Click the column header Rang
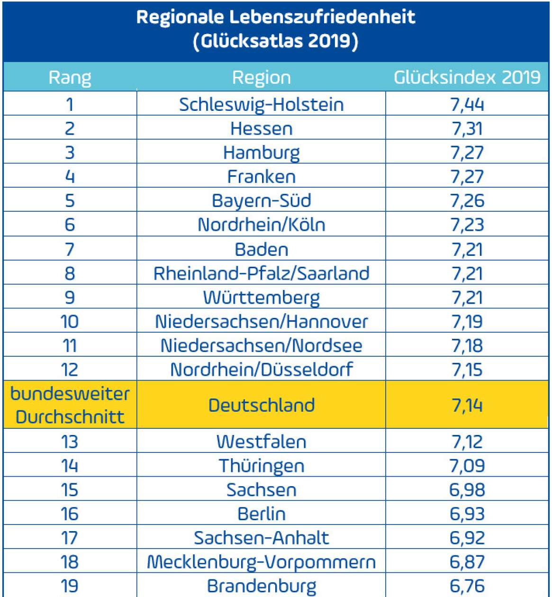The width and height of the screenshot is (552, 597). click(x=70, y=77)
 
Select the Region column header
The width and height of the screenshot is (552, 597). click(x=261, y=77)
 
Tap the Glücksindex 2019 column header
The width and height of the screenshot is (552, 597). click(x=467, y=77)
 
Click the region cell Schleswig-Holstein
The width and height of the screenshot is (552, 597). click(x=261, y=104)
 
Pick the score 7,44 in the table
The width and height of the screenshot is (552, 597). click(x=467, y=104)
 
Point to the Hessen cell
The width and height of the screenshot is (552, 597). click(x=261, y=128)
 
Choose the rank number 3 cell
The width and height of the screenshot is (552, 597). click(x=70, y=153)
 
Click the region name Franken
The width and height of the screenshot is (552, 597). click(x=261, y=177)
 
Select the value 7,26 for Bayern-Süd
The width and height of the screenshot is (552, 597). click(x=467, y=200)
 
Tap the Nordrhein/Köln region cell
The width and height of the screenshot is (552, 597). click(x=261, y=225)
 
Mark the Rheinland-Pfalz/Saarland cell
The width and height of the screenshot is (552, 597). click(x=261, y=273)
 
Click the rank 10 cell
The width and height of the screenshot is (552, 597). click(x=70, y=322)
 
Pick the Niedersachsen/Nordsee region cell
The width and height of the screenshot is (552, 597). click(x=261, y=345)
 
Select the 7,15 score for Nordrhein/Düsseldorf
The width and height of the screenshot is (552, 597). click(x=467, y=370)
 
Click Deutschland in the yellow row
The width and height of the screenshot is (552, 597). click(x=261, y=405)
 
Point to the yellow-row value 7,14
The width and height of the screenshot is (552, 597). click(x=467, y=405)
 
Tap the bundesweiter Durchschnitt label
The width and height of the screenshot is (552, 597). click(x=70, y=405)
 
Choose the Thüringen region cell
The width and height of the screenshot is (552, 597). click(x=261, y=466)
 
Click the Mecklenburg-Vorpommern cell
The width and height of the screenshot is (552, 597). click(x=261, y=562)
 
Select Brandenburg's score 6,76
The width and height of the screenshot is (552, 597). click(x=467, y=586)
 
